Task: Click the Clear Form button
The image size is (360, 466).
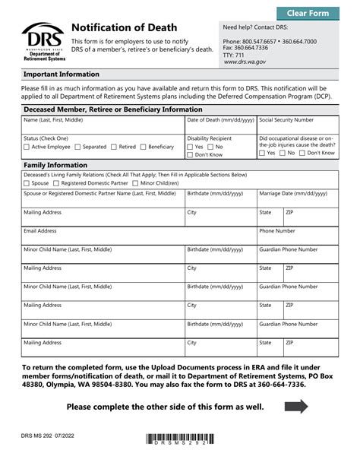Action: [x=308, y=13]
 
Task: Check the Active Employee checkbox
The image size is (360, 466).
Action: [x=27, y=147]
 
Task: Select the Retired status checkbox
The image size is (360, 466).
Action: [x=114, y=147]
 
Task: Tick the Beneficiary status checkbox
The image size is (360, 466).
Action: [x=144, y=147]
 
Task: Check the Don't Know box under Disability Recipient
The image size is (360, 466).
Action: [x=190, y=154]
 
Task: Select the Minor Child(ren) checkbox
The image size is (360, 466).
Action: [x=135, y=183]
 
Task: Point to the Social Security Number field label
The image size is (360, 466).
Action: [x=286, y=120]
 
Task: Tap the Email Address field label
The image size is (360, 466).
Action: [x=40, y=230]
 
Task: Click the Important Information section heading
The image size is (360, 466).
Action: [x=62, y=74]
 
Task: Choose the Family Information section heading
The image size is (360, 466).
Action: [x=55, y=165]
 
